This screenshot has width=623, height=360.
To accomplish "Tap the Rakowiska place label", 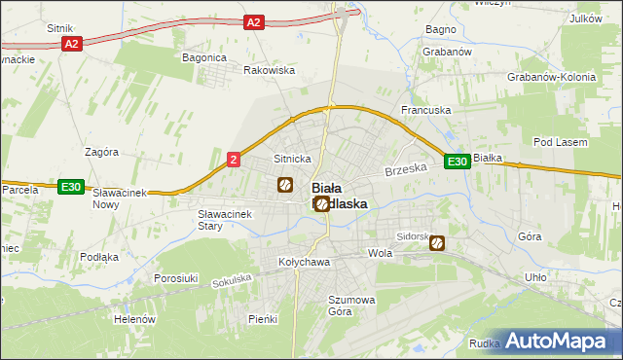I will tap(269, 70).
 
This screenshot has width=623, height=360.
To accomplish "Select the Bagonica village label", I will tap(204, 57).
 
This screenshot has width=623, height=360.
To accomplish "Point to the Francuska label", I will tap(426, 110).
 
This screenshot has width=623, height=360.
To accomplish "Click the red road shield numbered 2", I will tap(234, 160).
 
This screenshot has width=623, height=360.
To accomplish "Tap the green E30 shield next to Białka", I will tap(458, 162).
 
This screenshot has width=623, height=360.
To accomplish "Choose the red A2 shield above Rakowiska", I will tap(253, 21).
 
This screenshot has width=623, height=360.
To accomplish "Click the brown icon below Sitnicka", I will tap(285, 184).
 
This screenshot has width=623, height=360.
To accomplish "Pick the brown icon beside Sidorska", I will tap(438, 243).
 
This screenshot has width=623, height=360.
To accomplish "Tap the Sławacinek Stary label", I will tap(224, 220).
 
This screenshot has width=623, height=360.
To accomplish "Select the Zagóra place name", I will tap(101, 152).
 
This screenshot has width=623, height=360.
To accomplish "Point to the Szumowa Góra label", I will tap(352, 306).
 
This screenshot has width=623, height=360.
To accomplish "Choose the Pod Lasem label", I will tap(561, 142).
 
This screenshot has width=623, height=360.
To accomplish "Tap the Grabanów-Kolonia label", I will tap(551, 76).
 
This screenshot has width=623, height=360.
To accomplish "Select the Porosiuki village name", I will tap(176, 278).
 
